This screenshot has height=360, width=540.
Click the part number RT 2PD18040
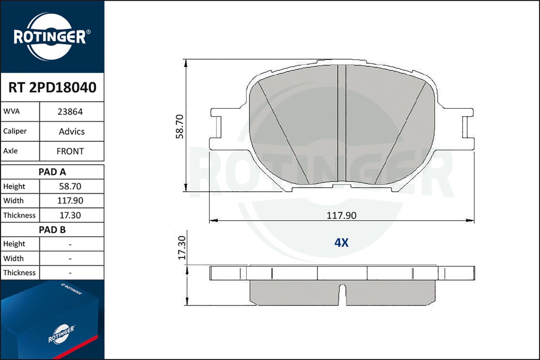(52, 87)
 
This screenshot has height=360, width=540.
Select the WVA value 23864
(70, 112)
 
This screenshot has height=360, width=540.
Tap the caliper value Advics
(72, 131)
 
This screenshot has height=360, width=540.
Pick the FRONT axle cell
(70, 151)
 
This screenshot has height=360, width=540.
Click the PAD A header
(52, 172)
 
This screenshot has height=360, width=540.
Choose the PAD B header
(52, 230)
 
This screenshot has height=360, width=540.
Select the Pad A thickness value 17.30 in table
(70, 215)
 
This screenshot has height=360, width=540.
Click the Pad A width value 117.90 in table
(70, 201)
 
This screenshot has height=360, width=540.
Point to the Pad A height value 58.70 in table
(70, 186)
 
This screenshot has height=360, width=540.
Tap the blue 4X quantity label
(341, 243)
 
